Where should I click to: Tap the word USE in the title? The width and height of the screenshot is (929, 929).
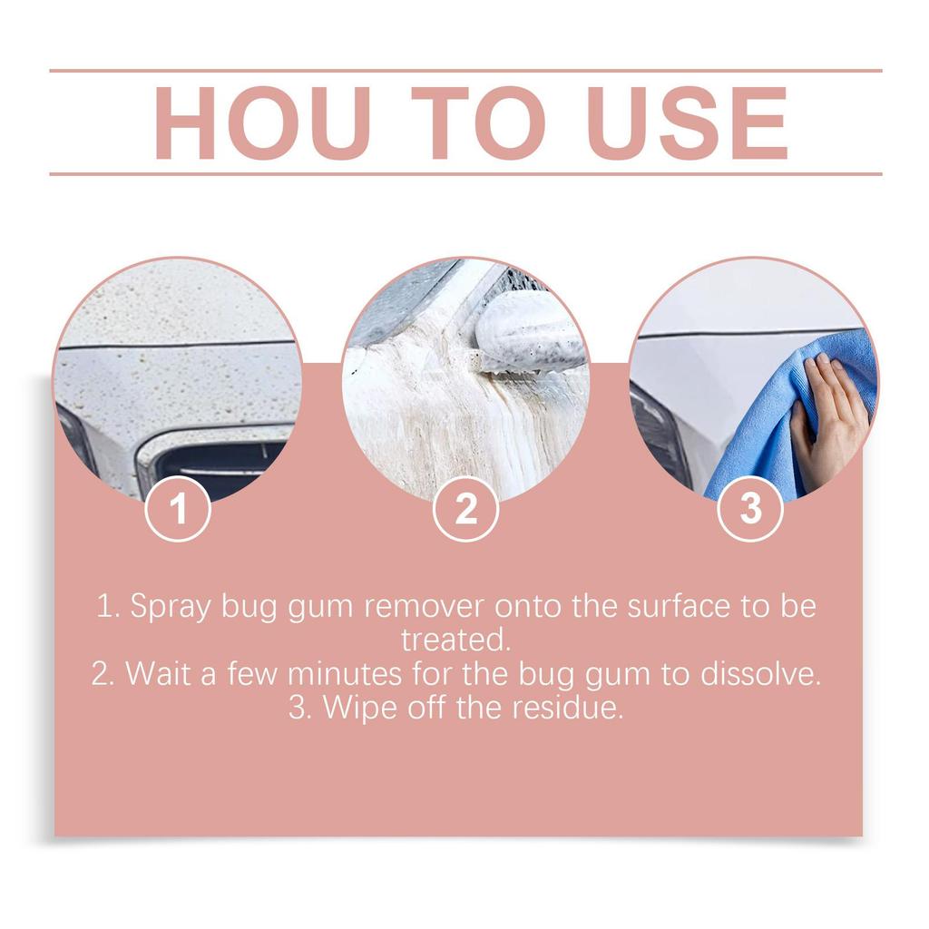coord(687,123)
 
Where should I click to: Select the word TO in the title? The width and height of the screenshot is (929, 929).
coord(478,123)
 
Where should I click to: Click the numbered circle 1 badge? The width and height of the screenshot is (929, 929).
coord(179,509)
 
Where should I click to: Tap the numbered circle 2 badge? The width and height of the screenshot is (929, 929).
coord(465,509)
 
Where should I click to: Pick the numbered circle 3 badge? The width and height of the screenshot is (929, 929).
coord(750,509)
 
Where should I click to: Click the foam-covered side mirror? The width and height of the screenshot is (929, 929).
coord(531,331)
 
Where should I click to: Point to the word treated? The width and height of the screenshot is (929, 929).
coord(456,641)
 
